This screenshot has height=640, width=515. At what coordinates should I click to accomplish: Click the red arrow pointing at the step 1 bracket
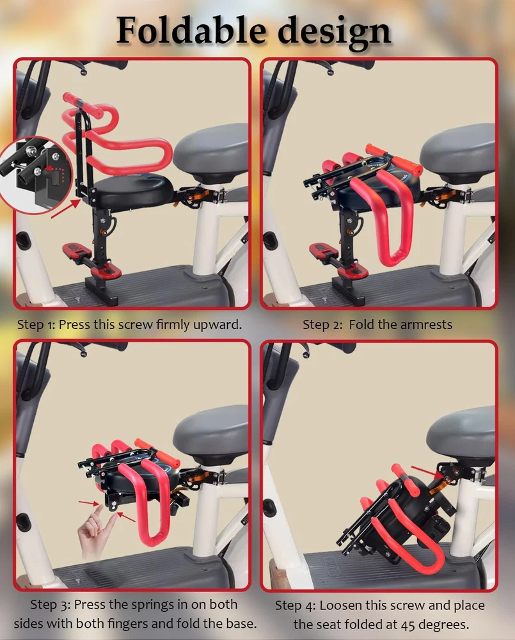66,209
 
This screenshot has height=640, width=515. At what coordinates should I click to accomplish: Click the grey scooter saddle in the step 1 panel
211,150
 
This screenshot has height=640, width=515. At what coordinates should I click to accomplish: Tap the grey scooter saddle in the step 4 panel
462,435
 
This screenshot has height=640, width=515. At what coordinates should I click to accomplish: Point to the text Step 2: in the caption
323,325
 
